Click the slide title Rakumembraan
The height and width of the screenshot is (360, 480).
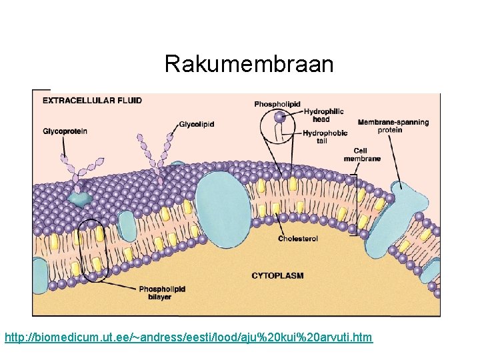(x=249, y=64)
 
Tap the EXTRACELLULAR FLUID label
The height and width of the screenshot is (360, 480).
(x=92, y=101)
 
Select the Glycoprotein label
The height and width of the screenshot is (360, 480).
(x=65, y=131)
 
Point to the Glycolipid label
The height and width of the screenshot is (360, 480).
(x=197, y=124)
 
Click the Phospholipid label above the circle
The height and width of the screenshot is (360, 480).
(x=277, y=103)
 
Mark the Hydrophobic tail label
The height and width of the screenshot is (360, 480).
(x=325, y=137)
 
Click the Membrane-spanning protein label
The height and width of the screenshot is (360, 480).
(x=393, y=126)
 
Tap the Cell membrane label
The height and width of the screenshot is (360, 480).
(x=362, y=155)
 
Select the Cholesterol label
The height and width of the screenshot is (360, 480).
(x=298, y=238)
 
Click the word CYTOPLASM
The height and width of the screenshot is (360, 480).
(x=277, y=275)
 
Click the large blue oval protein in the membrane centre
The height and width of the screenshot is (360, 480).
(x=223, y=203)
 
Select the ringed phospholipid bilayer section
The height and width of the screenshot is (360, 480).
(x=91, y=250)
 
